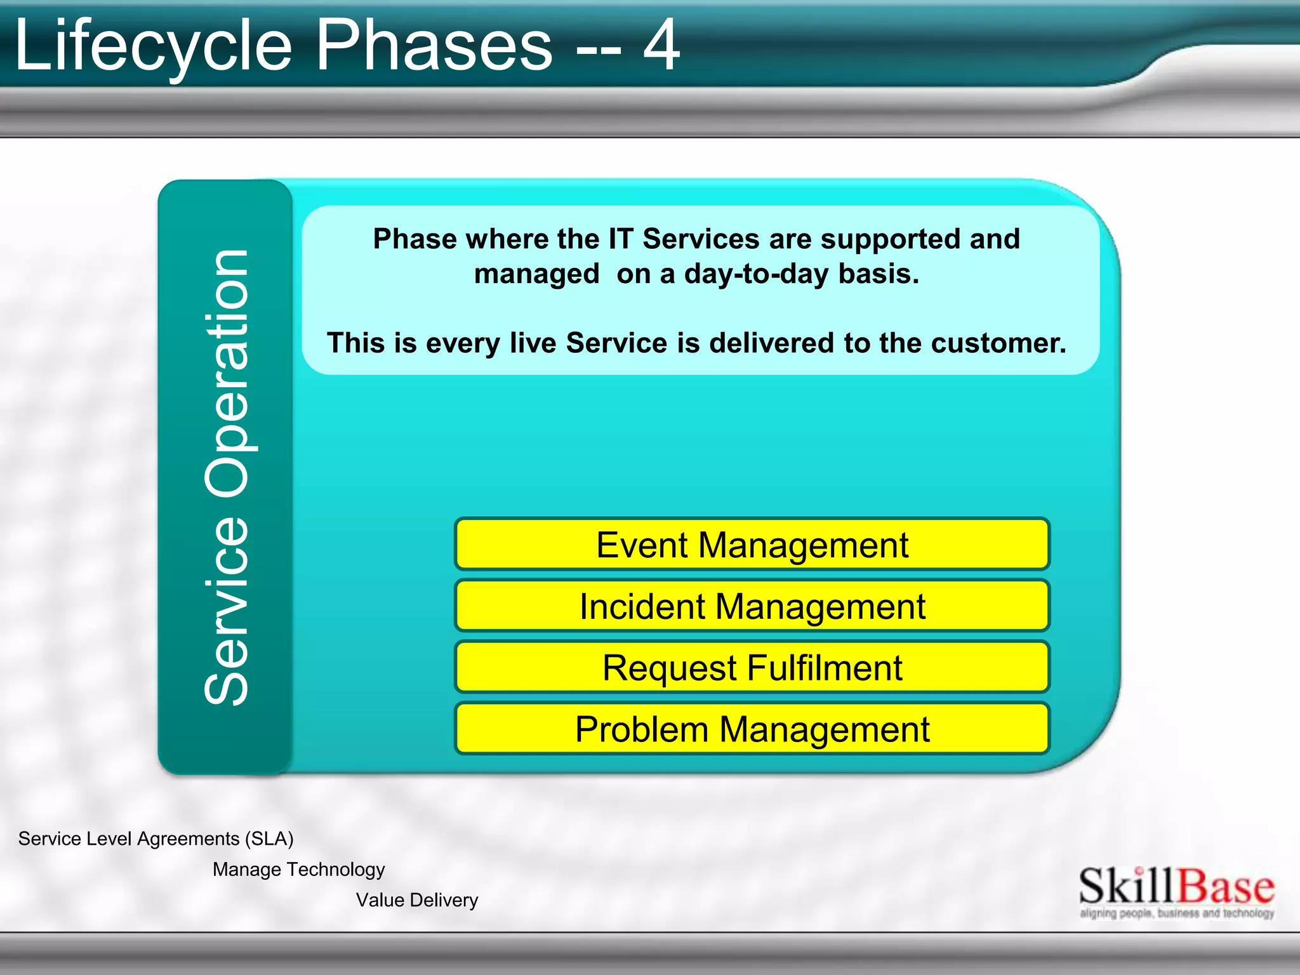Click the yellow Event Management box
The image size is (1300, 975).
point(752,545)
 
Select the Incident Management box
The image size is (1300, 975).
point(752,606)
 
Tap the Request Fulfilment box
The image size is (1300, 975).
point(752,668)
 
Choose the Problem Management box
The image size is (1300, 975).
point(752,729)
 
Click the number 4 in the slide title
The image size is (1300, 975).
point(661,46)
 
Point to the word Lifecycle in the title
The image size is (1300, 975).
point(152,46)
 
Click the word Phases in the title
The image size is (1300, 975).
point(434,46)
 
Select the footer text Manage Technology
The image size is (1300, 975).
point(298,869)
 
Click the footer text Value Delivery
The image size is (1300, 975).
point(416,900)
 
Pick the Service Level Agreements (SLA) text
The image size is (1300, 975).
point(156,839)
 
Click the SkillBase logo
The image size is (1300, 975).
point(1176,886)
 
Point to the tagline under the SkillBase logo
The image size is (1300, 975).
point(1176,913)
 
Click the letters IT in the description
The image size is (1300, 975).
point(620,239)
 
